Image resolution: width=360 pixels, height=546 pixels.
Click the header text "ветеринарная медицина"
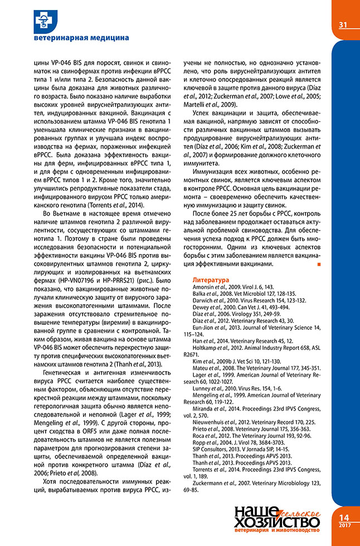pos(81,38)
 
